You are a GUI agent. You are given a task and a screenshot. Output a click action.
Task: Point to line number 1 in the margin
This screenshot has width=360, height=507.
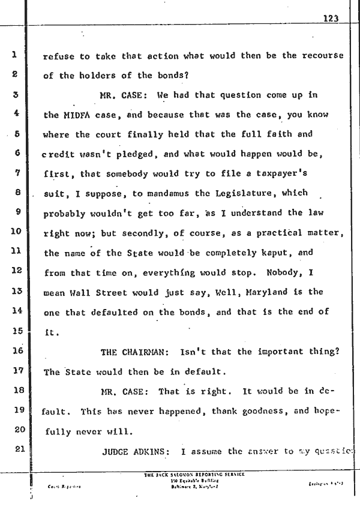click(13, 55)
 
